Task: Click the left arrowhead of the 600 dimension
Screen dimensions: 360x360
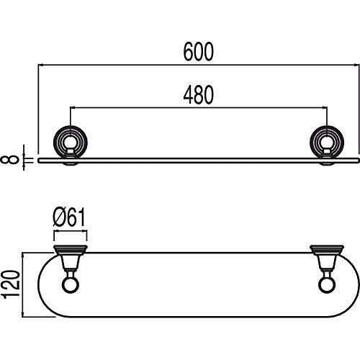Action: coord(40,65)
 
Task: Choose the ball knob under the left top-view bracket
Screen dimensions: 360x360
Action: coord(70,287)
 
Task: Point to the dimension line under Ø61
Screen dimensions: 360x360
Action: coord(70,232)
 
